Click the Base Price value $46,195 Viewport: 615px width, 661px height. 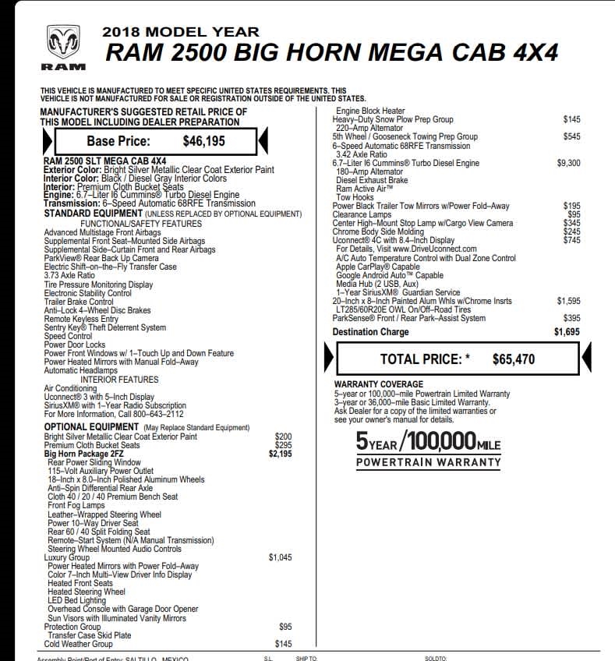(203, 142)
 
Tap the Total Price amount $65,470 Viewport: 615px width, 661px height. (514, 359)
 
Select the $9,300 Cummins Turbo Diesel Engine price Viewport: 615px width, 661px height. (568, 164)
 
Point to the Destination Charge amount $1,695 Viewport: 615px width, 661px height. (567, 332)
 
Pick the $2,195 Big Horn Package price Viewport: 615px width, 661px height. (280, 454)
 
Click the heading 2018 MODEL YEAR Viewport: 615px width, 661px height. (181, 32)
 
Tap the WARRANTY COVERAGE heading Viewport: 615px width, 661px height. (379, 384)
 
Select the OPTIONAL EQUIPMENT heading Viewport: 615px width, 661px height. (92, 427)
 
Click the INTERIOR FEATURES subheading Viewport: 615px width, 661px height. (125, 380)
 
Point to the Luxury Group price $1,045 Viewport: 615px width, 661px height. (280, 557)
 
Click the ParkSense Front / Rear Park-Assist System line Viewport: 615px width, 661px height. (408, 318)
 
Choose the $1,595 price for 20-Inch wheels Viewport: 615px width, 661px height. (568, 300)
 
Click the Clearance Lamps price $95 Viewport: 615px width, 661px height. (574, 214)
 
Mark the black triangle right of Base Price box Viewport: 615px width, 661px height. (263, 141)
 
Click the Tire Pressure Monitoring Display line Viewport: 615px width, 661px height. (98, 285)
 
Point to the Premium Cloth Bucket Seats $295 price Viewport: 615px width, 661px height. (283, 445)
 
